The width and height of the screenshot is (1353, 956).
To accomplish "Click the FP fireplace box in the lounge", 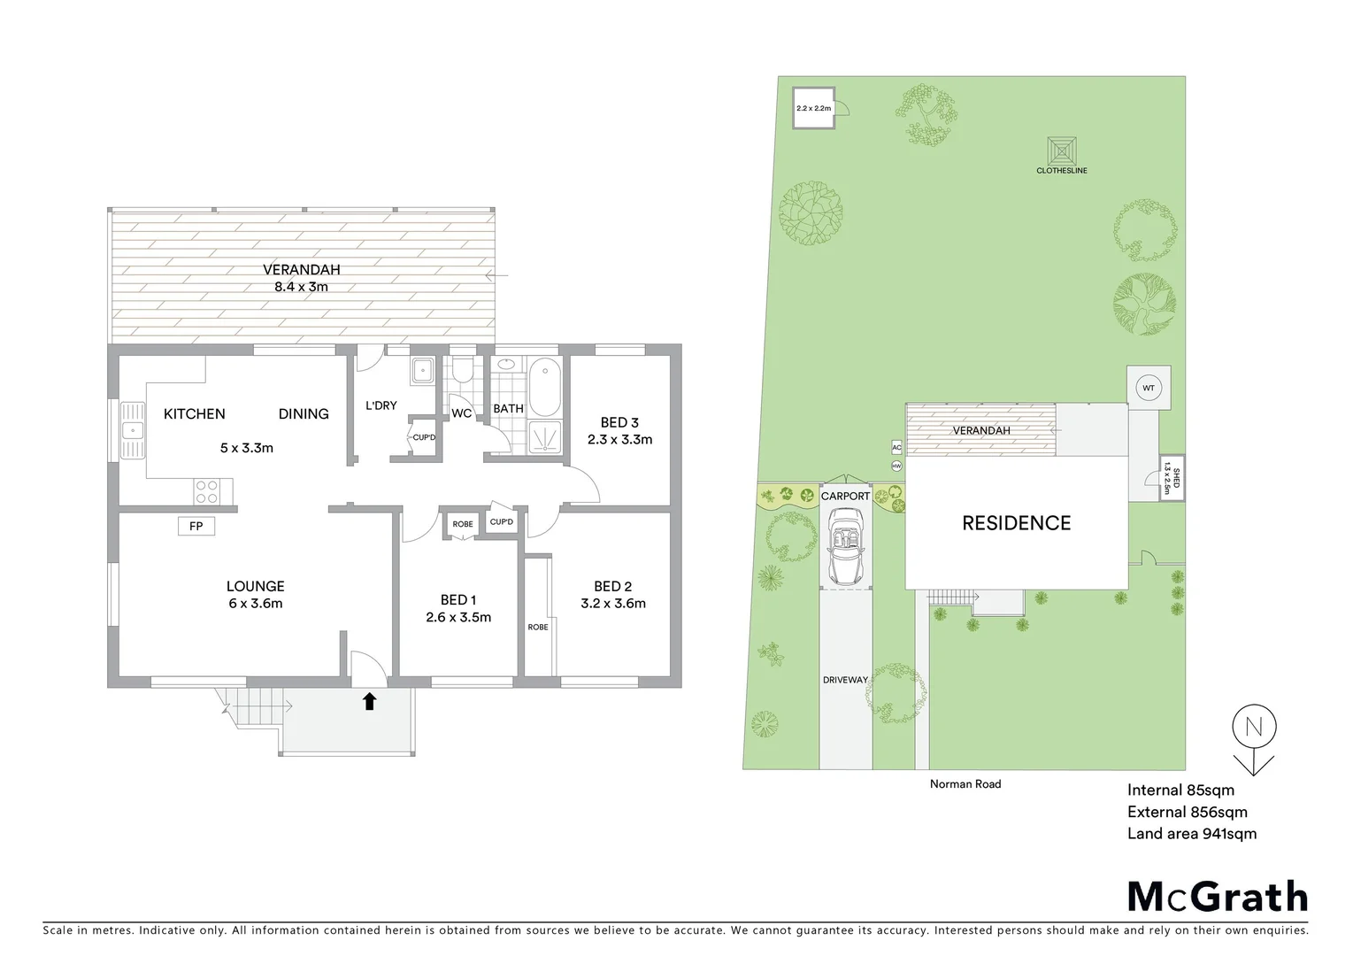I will [x=196, y=527].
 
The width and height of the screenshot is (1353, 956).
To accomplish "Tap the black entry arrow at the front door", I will [x=369, y=702].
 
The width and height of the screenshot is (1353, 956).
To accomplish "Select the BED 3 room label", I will [x=619, y=422].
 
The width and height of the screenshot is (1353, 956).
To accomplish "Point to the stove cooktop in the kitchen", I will [x=207, y=491].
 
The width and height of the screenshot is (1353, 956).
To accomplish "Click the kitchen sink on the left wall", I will [x=133, y=431].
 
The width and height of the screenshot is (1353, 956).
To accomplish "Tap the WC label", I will [x=462, y=413].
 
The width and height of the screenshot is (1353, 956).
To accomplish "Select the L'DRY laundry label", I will [x=381, y=405].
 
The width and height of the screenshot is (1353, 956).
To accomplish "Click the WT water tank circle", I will [x=1148, y=388].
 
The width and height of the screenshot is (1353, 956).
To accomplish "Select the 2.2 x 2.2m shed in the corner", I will [x=814, y=108].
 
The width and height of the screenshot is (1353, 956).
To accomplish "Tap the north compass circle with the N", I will [x=1253, y=728].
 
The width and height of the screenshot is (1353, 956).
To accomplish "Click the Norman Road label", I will [x=965, y=783].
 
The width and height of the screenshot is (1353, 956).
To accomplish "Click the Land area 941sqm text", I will [x=1191, y=833].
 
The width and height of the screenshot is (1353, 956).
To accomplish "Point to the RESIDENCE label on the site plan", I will [x=1016, y=523].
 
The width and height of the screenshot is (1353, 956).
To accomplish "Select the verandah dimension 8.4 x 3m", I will [x=301, y=287].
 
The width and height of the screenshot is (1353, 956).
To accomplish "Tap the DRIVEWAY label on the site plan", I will [x=845, y=680].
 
